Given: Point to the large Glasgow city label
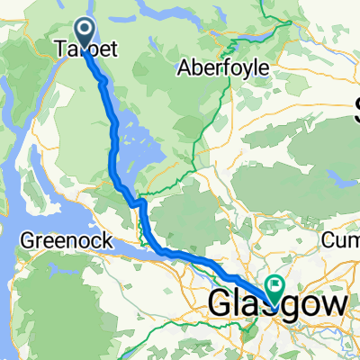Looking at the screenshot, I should [x=275, y=305].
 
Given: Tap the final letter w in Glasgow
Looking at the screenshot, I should [x=331, y=305].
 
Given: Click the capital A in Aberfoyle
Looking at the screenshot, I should [x=184, y=68].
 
